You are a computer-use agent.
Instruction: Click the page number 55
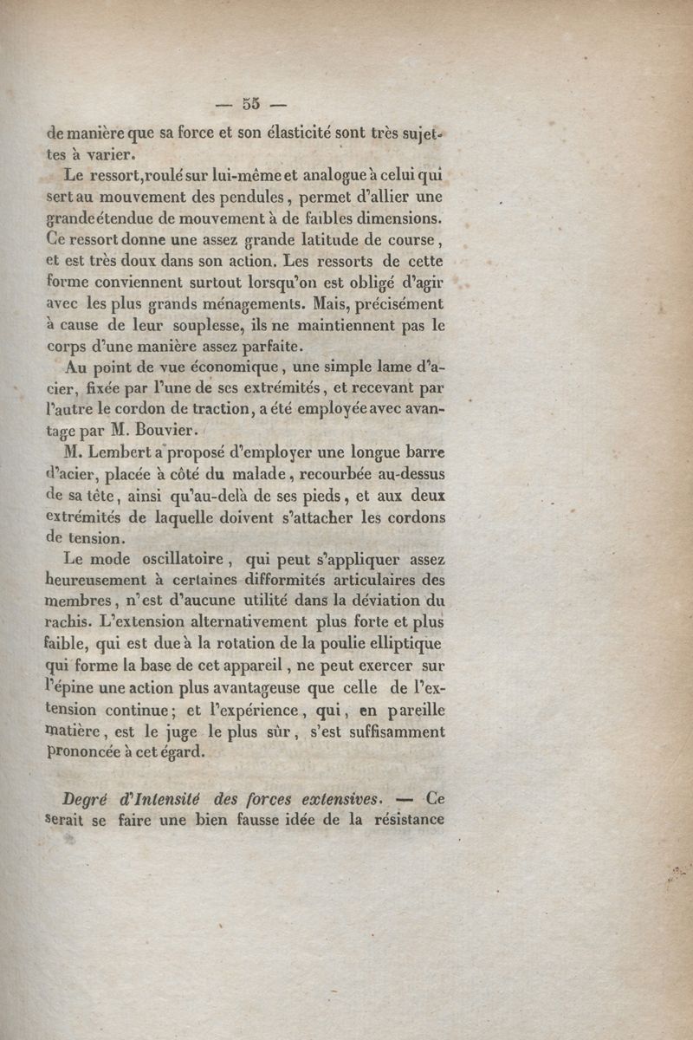click(x=251, y=103)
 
